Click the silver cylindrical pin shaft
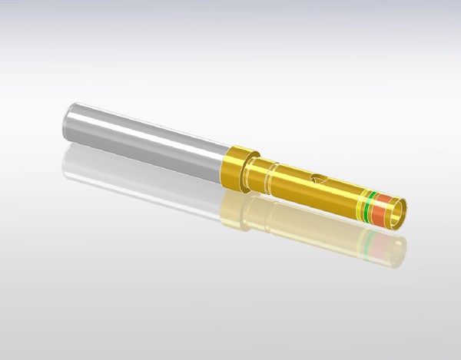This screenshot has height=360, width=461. [146, 138]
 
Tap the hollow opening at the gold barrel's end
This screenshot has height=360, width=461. [398, 213]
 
